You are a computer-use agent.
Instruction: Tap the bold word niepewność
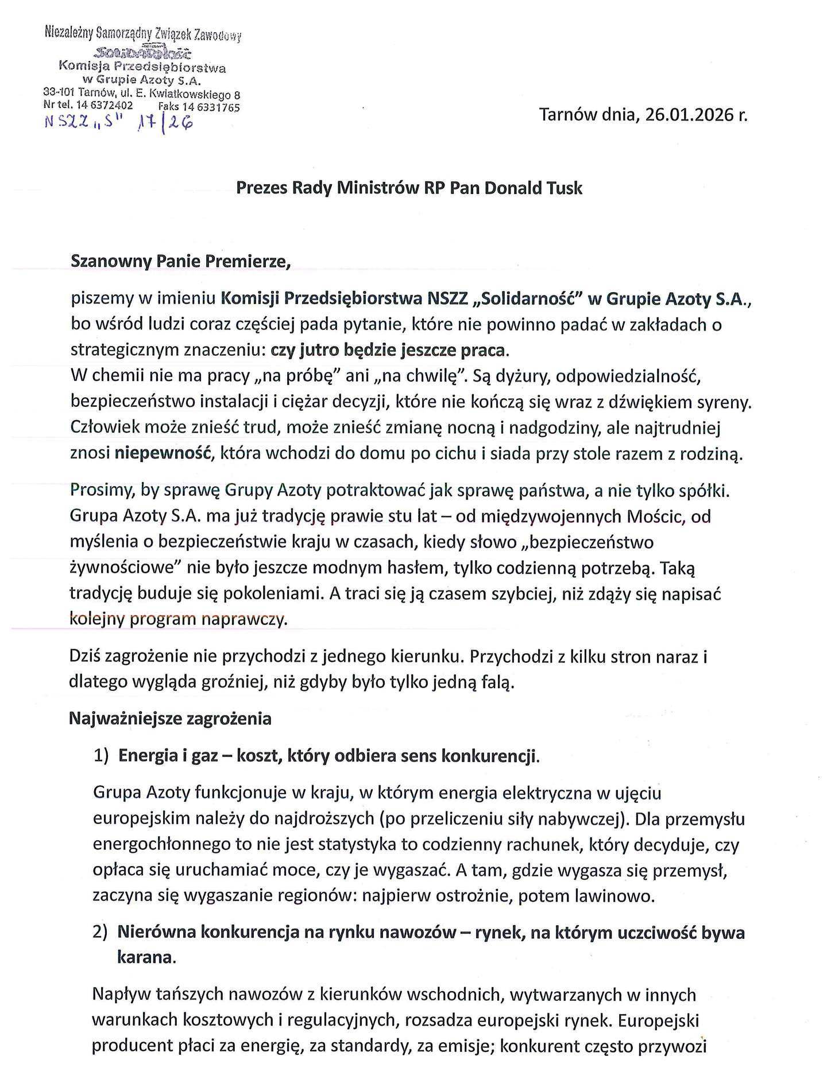point(161,453)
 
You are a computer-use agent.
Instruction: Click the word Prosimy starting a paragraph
point(102,491)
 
